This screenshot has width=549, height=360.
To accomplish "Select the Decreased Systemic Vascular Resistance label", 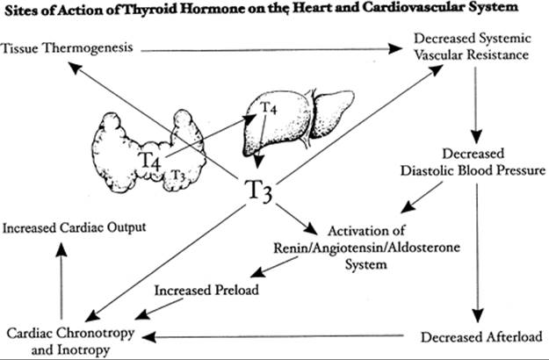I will [472, 47].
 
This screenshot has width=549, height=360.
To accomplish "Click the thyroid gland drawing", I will [154, 149].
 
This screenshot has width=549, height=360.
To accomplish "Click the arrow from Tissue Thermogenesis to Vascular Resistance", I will [264, 50].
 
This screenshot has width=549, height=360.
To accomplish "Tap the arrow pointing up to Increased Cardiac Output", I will [61, 281].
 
